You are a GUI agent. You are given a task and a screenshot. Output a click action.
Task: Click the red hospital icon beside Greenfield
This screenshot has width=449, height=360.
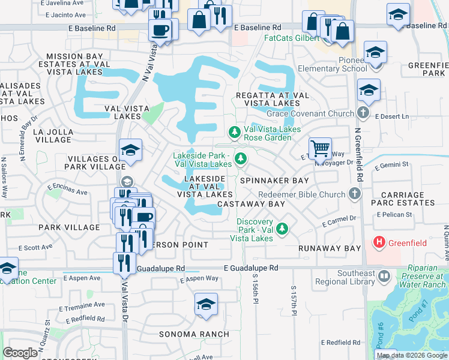pyautogui.click(x=379, y=243)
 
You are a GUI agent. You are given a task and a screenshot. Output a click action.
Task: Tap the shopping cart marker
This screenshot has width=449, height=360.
pyautogui.click(x=321, y=148)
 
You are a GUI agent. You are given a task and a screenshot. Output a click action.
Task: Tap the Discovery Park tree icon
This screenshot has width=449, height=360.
pyautogui.click(x=282, y=229)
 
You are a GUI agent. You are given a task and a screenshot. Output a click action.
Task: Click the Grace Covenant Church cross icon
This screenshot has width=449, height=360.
pyautogui.click(x=363, y=113)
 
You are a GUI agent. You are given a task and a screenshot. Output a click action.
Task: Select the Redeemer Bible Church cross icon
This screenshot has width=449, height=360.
pyautogui.click(x=355, y=194)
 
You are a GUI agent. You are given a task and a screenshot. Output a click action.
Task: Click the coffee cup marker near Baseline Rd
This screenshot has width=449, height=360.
pyautogui.click(x=160, y=29)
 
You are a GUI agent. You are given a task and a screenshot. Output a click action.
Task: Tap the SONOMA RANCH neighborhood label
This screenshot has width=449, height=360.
pyautogui.click(x=194, y=334)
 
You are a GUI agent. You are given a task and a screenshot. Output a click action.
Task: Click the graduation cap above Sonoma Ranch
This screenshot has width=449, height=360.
pyautogui.click(x=206, y=305)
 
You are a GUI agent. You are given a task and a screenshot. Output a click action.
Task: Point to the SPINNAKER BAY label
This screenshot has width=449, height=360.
pyautogui.click(x=274, y=180)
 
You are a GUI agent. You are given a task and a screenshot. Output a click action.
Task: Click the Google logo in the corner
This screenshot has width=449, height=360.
pyautogui.click(x=20, y=353)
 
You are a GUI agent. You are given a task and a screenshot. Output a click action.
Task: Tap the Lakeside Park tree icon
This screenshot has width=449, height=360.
pyautogui.click(x=240, y=158)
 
